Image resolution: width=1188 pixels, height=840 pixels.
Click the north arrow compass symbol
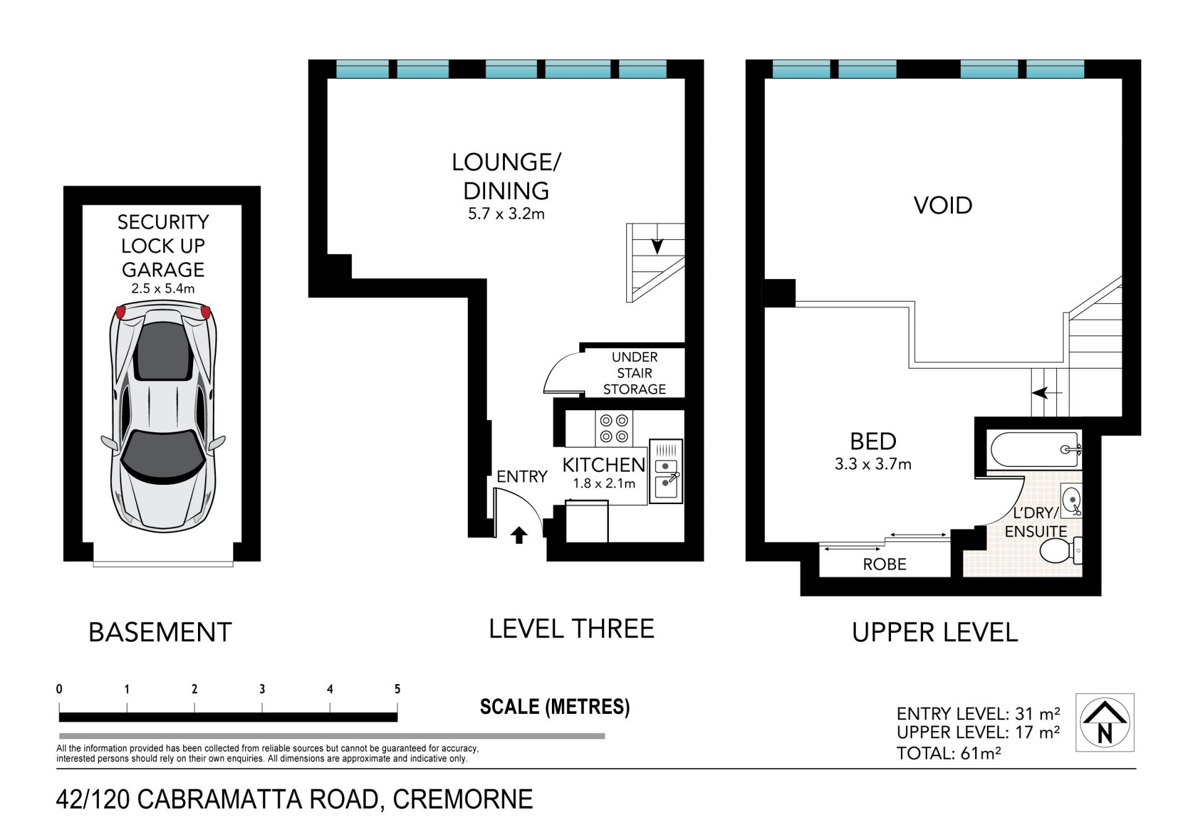(1104, 722)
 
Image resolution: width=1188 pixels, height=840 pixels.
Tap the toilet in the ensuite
(1061, 550)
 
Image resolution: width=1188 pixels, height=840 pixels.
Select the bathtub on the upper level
(1036, 449)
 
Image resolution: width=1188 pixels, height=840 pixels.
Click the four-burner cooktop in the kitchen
(614, 428)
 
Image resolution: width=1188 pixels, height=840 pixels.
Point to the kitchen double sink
(666, 471)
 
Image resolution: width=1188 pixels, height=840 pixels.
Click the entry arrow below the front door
(519, 535)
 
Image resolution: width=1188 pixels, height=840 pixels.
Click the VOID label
(943, 205)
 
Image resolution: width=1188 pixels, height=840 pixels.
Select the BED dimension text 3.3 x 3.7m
(872, 464)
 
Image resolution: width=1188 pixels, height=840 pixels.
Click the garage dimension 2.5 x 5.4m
(163, 288)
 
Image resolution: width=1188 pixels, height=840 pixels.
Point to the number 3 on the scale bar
(262, 689)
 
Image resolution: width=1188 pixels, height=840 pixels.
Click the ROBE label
(884, 564)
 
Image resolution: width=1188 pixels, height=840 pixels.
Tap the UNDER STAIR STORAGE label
(634, 373)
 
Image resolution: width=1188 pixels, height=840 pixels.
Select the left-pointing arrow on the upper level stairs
(1046, 392)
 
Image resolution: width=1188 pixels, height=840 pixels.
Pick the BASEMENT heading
(160, 632)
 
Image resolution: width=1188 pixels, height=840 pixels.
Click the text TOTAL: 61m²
(949, 753)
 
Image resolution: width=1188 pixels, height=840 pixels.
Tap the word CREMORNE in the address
(463, 799)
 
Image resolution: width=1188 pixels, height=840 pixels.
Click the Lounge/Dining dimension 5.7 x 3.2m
(506, 214)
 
